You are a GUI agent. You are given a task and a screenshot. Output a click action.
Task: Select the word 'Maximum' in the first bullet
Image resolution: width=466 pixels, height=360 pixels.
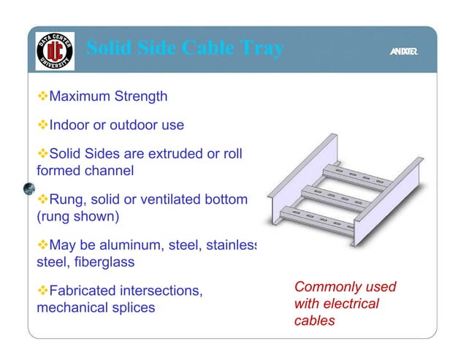[x=77, y=96]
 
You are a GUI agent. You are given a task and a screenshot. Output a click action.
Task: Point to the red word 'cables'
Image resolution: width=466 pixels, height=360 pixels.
[x=314, y=320]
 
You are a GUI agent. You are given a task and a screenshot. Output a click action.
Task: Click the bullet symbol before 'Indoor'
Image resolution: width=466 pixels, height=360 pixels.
[x=42, y=125]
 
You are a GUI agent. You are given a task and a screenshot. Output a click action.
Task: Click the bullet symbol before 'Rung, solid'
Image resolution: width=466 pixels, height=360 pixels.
[x=42, y=199]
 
